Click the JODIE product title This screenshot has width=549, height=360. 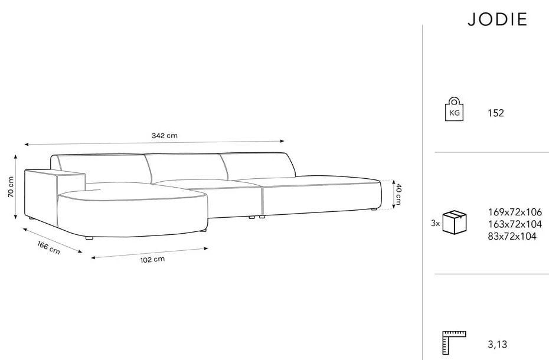click(498, 19)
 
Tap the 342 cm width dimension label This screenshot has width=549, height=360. click(165, 135)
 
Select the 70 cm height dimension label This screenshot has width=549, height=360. click(11, 186)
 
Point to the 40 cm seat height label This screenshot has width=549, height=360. click(398, 194)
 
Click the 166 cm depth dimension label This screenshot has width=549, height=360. click(48, 248)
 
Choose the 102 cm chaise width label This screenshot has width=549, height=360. click(152, 260)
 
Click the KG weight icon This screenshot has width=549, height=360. click(454, 109)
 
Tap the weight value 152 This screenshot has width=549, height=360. click(496, 113)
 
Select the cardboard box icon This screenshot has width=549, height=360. click(455, 222)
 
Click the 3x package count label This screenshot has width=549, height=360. click(436, 223)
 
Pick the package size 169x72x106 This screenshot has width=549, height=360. click(515, 212)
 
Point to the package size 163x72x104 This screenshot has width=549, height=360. click(515, 224)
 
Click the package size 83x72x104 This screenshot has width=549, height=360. click(512, 237)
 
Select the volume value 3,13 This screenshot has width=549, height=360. click(497, 345)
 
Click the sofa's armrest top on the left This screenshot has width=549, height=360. click(55, 172)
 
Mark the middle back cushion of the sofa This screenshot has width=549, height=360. click(187, 167)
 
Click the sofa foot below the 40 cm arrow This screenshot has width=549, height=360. click(374, 210)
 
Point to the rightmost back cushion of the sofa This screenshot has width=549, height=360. click(257, 165)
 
